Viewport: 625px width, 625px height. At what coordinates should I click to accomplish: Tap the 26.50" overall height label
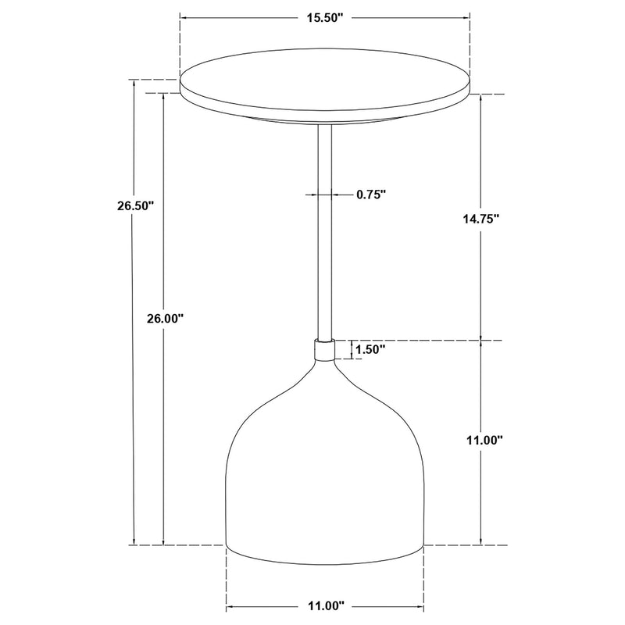(x=131, y=206)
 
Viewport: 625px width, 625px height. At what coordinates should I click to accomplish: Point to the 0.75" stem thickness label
(x=371, y=195)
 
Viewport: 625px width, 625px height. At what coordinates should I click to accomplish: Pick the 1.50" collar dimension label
(x=370, y=350)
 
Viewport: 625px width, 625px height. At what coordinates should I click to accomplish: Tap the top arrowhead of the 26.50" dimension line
(x=135, y=83)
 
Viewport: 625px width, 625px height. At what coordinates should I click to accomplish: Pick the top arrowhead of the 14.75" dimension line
(x=480, y=98)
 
